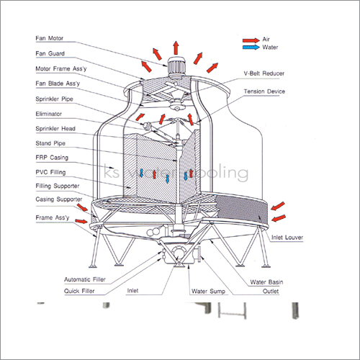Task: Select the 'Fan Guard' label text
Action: point(51,53)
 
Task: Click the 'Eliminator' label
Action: point(50,113)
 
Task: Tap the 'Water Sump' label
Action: point(209,292)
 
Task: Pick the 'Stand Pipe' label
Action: point(50,142)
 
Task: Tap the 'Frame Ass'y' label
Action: point(52,216)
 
